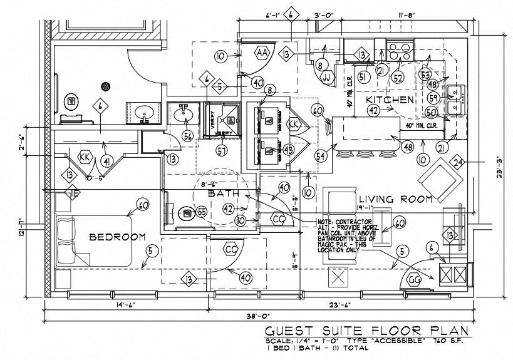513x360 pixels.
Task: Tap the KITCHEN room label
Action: [389, 100]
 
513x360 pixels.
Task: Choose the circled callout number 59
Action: [432, 98]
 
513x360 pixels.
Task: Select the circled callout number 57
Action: [220, 150]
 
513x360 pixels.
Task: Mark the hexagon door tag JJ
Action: [326, 78]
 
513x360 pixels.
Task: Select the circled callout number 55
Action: [202, 212]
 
